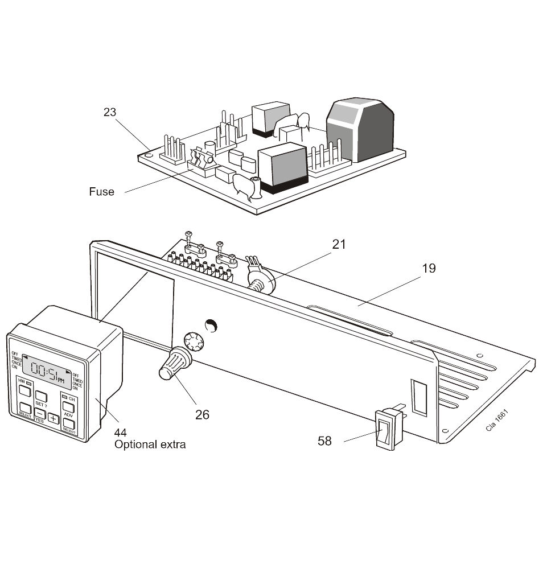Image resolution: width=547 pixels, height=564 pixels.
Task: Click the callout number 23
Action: point(110,112)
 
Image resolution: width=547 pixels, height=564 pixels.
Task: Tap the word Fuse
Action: point(101,192)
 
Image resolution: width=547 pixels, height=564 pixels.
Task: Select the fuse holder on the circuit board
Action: point(200,162)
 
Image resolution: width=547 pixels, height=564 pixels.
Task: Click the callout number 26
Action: point(202,414)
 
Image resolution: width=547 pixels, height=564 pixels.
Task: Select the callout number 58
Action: point(324,441)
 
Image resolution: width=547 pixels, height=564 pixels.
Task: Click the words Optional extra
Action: point(150,444)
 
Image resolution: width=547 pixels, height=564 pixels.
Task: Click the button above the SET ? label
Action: point(41,396)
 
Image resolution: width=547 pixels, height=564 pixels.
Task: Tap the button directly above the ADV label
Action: point(68,407)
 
